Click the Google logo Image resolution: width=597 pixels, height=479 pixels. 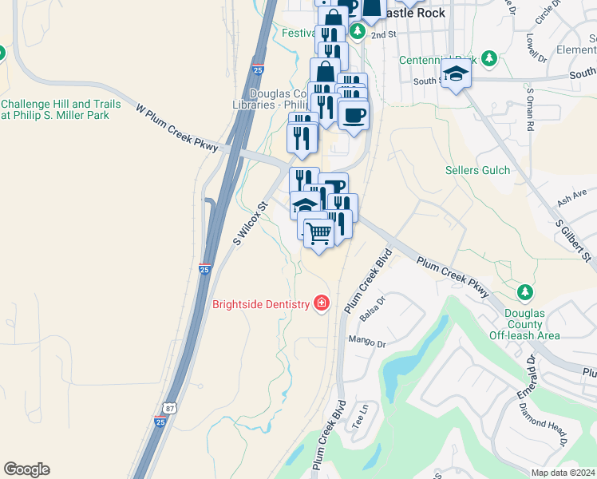pyautogui.click(x=26, y=469)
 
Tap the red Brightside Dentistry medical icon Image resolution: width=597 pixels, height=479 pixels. pyautogui.click(x=321, y=303)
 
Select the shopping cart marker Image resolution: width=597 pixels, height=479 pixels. pyautogui.click(x=318, y=234)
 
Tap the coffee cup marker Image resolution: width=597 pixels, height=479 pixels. pyautogui.click(x=353, y=113)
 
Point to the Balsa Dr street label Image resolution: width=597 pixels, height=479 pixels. pyautogui.click(x=373, y=307)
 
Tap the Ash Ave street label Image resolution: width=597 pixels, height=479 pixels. pyautogui.click(x=571, y=198)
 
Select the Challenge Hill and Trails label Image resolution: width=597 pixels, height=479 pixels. pyautogui.click(x=61, y=109)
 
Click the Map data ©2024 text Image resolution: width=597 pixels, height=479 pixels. pyautogui.click(x=562, y=473)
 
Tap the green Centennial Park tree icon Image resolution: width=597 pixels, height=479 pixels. pyautogui.click(x=489, y=59)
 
